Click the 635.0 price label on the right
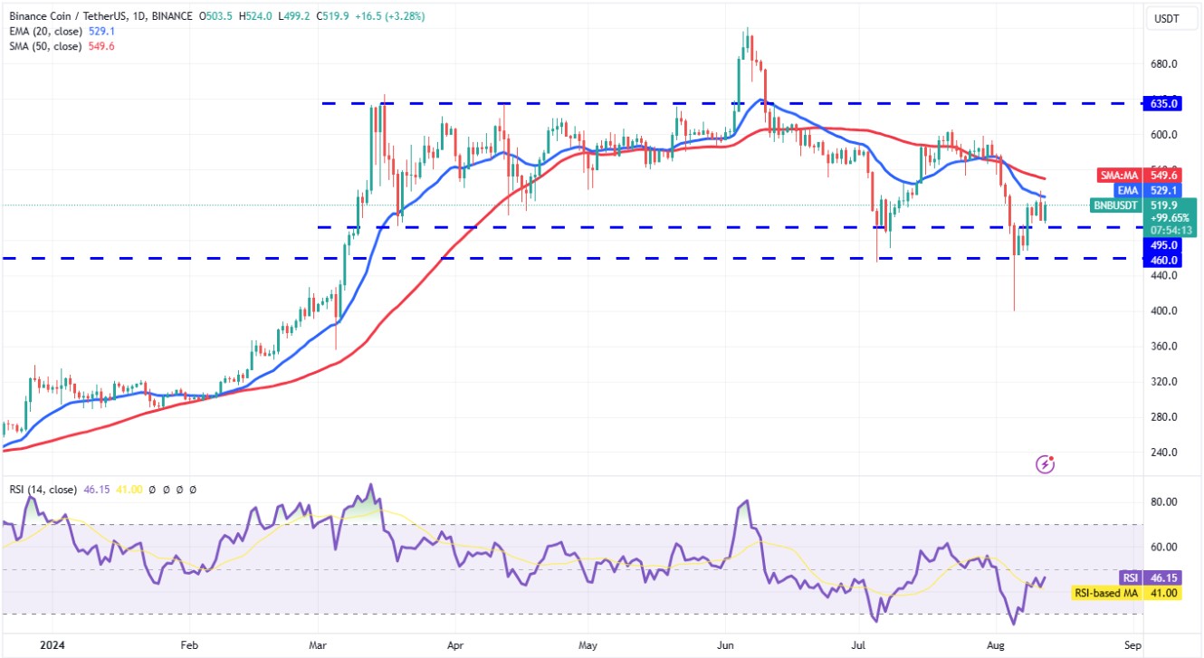[x=1164, y=103]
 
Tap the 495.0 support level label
[x=1164, y=244]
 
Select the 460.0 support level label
[x=1164, y=260]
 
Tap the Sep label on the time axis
[x=1131, y=647]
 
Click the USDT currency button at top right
[x=1164, y=18]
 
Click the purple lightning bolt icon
[x=1046, y=464]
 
